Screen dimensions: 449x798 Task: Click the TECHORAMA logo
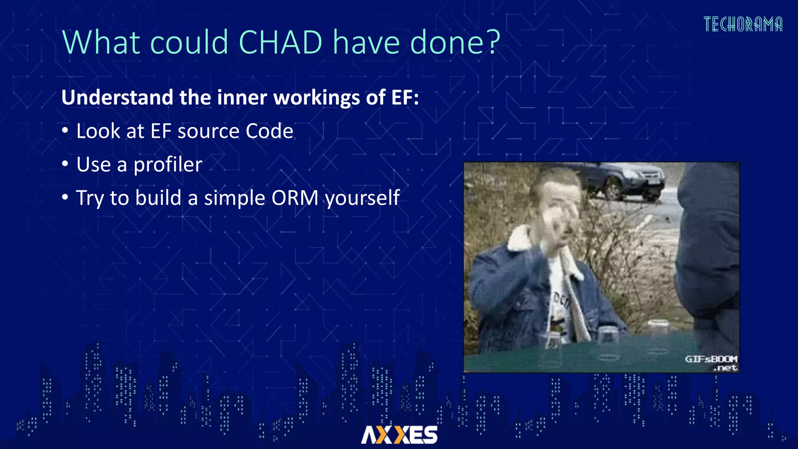click(743, 24)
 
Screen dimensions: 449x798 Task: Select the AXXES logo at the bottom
click(399, 435)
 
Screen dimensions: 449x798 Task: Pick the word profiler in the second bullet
click(168, 165)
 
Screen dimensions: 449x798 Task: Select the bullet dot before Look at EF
click(65, 131)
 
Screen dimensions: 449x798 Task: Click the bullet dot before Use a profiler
click(65, 164)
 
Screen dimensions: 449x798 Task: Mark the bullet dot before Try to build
click(65, 198)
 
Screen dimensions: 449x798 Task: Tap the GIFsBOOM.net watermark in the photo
click(711, 363)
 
